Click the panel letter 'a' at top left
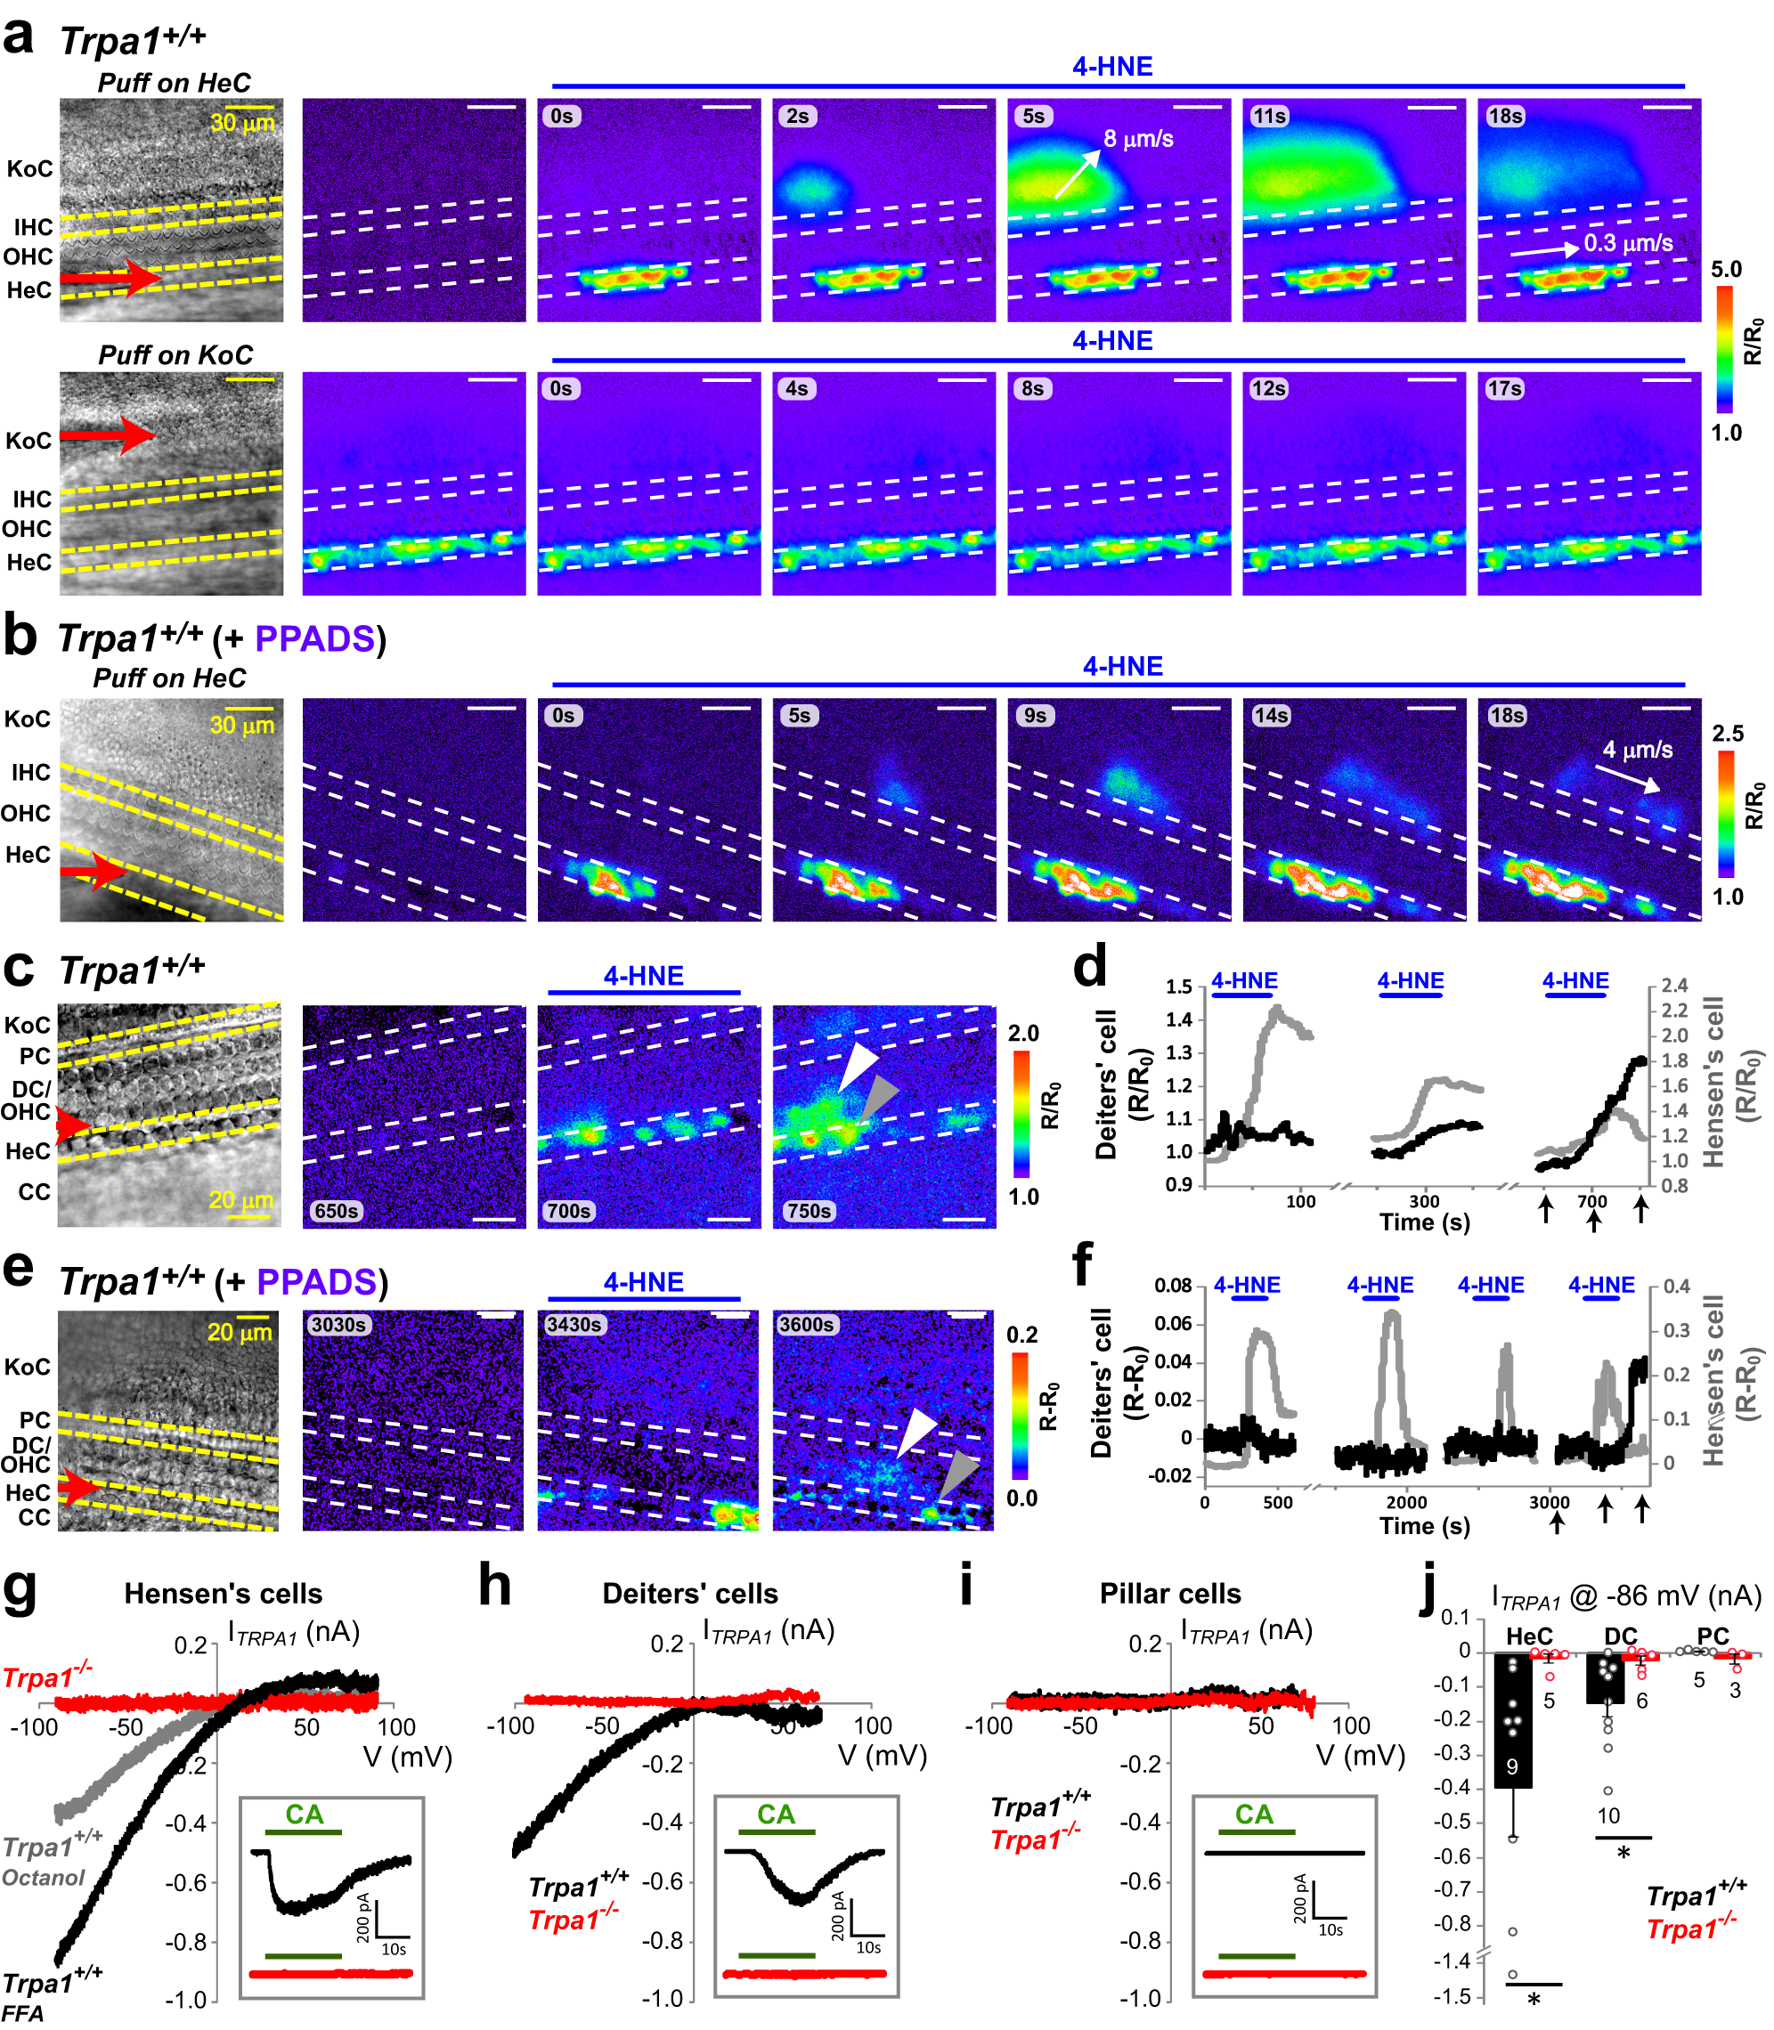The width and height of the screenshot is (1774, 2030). tap(19, 37)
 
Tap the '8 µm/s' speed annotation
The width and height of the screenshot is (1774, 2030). tap(1138, 139)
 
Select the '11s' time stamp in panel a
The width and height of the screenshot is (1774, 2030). tap(1269, 116)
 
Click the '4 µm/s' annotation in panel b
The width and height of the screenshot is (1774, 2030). tap(1638, 750)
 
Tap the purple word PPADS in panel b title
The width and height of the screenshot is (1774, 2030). tap(314, 639)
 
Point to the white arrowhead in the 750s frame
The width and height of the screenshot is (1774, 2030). tap(858, 1067)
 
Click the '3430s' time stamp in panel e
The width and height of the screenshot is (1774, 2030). tap(574, 1324)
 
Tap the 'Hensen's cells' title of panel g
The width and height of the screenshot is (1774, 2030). tap(223, 1594)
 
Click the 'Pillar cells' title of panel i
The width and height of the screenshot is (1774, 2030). tap(1169, 1594)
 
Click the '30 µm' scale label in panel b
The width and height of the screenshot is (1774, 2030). tap(241, 725)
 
